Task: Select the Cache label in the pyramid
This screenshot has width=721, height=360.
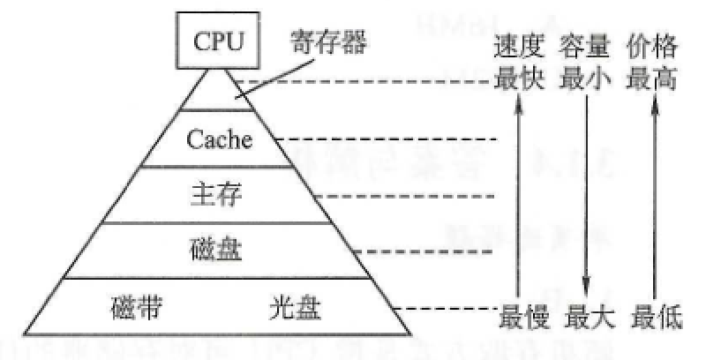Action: coord(219,140)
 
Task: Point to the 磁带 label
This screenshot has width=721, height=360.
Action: coord(137,309)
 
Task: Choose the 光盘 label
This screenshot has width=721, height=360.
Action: coord(295,309)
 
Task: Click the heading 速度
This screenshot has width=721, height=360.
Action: coord(520,46)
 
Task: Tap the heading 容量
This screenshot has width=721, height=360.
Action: coord(587,46)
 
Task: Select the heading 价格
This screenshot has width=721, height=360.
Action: coord(654,46)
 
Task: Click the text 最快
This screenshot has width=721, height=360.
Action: coord(520,79)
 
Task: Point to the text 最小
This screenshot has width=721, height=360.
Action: coord(587,79)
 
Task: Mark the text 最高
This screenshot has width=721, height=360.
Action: coord(654,79)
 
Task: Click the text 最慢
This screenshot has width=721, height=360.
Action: coord(520,314)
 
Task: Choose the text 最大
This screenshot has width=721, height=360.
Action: coord(587,314)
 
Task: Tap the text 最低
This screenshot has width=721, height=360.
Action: coord(654,314)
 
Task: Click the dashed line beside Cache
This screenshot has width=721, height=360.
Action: coord(388,139)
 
